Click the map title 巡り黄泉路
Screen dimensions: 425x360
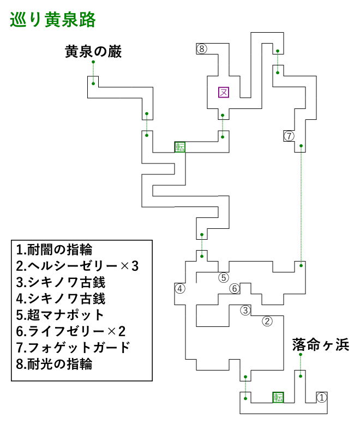pos(53,20)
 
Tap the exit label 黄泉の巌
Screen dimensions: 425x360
pos(93,52)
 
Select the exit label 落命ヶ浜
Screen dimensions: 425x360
pos(320,345)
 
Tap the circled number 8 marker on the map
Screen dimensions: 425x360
pos(202,49)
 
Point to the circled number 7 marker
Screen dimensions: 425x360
pos(289,136)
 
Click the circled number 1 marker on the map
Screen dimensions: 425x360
pos(322,397)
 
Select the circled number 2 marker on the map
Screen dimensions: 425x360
pos(267,321)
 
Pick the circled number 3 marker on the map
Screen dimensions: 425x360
pos(245,310)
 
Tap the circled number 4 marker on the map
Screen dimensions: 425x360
pos(180,288)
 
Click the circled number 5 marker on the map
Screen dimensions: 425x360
pos(224,277)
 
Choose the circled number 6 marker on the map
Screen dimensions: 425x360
pos(235,288)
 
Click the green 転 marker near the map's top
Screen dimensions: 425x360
pos(180,147)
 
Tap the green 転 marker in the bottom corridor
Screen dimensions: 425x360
pos(278,397)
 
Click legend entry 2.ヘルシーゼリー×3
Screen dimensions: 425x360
pos(77,266)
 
